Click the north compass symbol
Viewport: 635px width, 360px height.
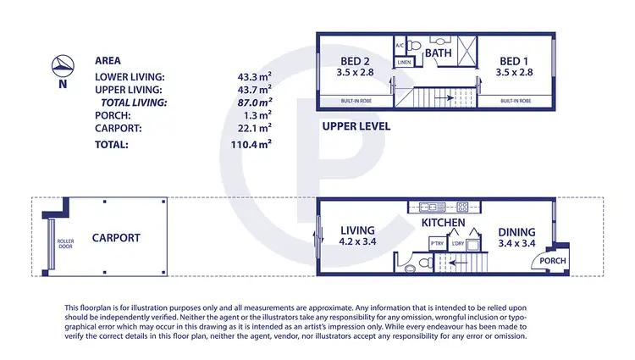(x=60, y=63)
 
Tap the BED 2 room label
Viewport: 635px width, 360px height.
(x=354, y=61)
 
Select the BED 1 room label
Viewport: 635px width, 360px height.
(x=515, y=61)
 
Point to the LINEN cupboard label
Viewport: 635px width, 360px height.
(x=404, y=62)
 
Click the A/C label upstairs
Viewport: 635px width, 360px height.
(x=400, y=46)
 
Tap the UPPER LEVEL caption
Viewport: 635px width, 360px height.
(x=356, y=126)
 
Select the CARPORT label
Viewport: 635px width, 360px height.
(x=116, y=238)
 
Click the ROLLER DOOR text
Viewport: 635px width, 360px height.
(x=65, y=244)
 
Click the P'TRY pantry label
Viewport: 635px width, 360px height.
(x=437, y=244)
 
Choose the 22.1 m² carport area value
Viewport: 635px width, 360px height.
(x=255, y=128)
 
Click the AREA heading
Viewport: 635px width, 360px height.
(x=108, y=62)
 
